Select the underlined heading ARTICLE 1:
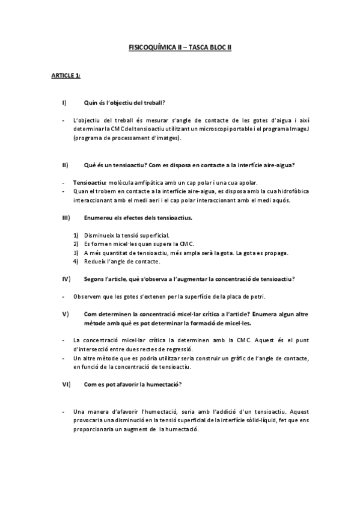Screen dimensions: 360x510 [x=66, y=75]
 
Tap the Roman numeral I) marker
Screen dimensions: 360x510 [x=64, y=102]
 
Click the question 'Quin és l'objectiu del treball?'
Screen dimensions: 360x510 [x=124, y=102]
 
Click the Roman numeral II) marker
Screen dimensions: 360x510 [x=64, y=164]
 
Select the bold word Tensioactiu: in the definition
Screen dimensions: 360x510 [x=90, y=182]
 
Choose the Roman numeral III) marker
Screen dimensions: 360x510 [x=66, y=217]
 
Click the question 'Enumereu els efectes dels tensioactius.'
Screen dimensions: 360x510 [x=138, y=217]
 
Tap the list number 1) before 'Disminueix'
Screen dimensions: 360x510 [x=76, y=235]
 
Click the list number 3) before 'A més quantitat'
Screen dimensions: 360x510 [x=76, y=253]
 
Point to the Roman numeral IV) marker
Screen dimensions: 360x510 [x=66, y=278]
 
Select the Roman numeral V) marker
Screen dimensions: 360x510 [x=65, y=314]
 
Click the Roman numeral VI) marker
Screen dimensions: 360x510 [x=66, y=384]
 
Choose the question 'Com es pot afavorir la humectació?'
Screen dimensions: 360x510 [x=133, y=384]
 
